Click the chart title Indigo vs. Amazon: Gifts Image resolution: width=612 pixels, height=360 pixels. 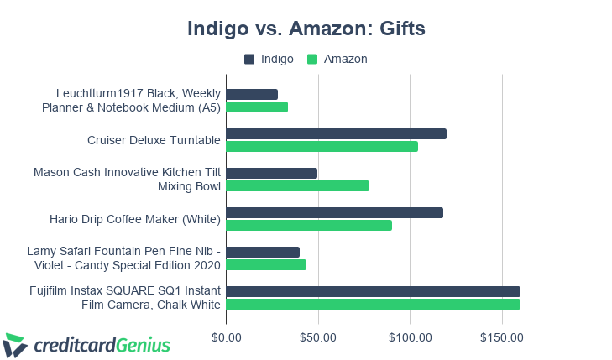(x=306, y=29)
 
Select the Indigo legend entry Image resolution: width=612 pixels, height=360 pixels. (x=269, y=59)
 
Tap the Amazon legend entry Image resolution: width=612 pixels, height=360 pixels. (x=337, y=59)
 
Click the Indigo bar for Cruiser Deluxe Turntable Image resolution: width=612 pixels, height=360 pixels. (x=336, y=134)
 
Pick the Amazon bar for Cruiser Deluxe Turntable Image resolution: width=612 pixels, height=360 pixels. (x=322, y=147)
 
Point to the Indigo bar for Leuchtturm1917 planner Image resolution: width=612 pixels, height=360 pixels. (x=252, y=95)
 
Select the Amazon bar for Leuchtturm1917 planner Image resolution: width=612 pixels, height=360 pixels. (x=257, y=107)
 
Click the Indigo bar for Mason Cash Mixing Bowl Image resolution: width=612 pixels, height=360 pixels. (x=271, y=173)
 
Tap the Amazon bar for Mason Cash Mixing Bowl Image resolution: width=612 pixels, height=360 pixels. (x=297, y=186)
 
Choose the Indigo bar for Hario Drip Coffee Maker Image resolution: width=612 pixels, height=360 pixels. (x=334, y=212)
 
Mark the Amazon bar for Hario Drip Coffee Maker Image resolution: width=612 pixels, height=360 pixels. (x=309, y=225)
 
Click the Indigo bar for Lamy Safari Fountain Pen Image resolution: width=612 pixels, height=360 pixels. (x=263, y=252)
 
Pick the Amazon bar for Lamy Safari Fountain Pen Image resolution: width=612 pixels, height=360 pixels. (x=266, y=265)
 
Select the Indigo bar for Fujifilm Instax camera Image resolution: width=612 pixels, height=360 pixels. (x=373, y=291)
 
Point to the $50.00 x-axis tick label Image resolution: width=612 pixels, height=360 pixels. (x=318, y=337)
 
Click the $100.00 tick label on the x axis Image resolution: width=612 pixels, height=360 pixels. (x=410, y=337)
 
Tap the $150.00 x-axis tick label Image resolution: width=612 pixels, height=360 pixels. (x=502, y=337)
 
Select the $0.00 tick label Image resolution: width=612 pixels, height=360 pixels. (x=227, y=337)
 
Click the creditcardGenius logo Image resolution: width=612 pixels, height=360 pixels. (x=87, y=344)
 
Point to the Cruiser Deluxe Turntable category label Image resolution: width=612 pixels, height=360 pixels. (x=154, y=140)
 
